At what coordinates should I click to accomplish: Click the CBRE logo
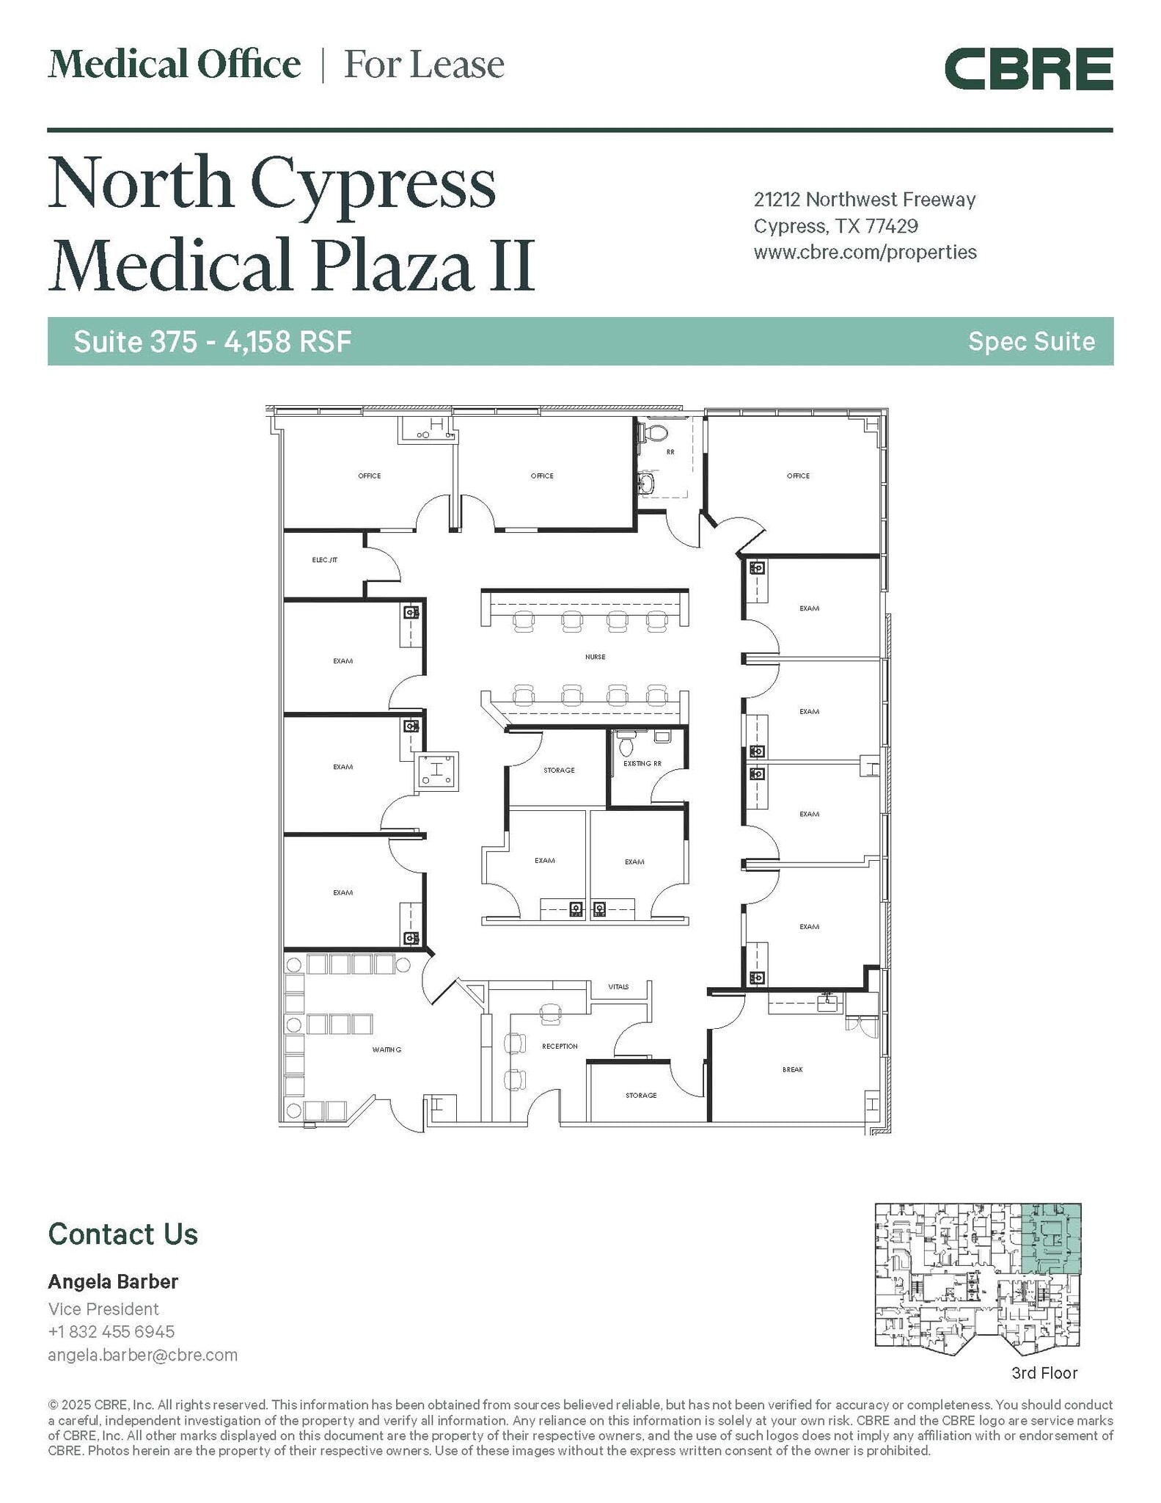pyautogui.click(x=1028, y=68)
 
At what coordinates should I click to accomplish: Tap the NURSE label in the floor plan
pyautogui.click(x=595, y=657)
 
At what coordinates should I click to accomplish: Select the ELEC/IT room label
pyautogui.click(x=324, y=560)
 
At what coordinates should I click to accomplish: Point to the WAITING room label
pyautogui.click(x=387, y=1049)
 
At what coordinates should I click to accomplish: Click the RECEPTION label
pyautogui.click(x=560, y=1046)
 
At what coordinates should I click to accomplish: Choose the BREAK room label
pyautogui.click(x=792, y=1069)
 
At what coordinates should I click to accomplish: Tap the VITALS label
pyautogui.click(x=618, y=986)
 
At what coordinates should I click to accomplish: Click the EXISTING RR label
pyautogui.click(x=642, y=763)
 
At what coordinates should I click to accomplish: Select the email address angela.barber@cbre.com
pyautogui.click(x=143, y=1355)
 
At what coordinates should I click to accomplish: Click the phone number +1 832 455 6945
pyautogui.click(x=111, y=1331)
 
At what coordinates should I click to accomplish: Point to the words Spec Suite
pyautogui.click(x=1031, y=341)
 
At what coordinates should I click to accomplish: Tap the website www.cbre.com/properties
pyautogui.click(x=865, y=252)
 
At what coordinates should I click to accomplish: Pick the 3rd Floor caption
pyautogui.click(x=1044, y=1372)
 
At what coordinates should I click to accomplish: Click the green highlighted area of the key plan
pyautogui.click(x=1051, y=1238)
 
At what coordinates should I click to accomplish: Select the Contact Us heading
pyautogui.click(x=123, y=1234)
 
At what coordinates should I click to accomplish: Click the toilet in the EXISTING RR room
pyautogui.click(x=626, y=744)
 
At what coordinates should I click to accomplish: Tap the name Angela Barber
pyautogui.click(x=113, y=1281)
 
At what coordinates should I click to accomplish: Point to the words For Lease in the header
pyautogui.click(x=425, y=65)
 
